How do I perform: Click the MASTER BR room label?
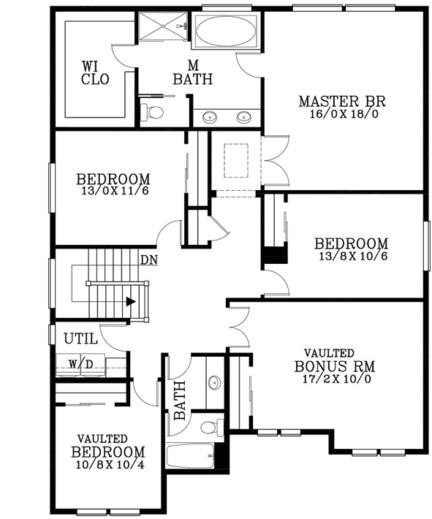pyautogui.click(x=341, y=101)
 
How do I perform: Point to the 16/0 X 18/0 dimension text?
pyautogui.click(x=341, y=115)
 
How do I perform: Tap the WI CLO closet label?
pyautogui.click(x=95, y=73)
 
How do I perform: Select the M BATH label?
pyautogui.click(x=192, y=72)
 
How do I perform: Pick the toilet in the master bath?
pyautogui.click(x=153, y=112)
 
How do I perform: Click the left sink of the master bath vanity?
pyautogui.click(x=210, y=116)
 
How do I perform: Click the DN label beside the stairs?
pyautogui.click(x=148, y=259)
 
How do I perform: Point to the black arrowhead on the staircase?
pyautogui.click(x=130, y=300)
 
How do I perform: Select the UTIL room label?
pyautogui.click(x=81, y=339)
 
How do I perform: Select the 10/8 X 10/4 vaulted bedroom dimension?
pyautogui.click(x=107, y=463)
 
